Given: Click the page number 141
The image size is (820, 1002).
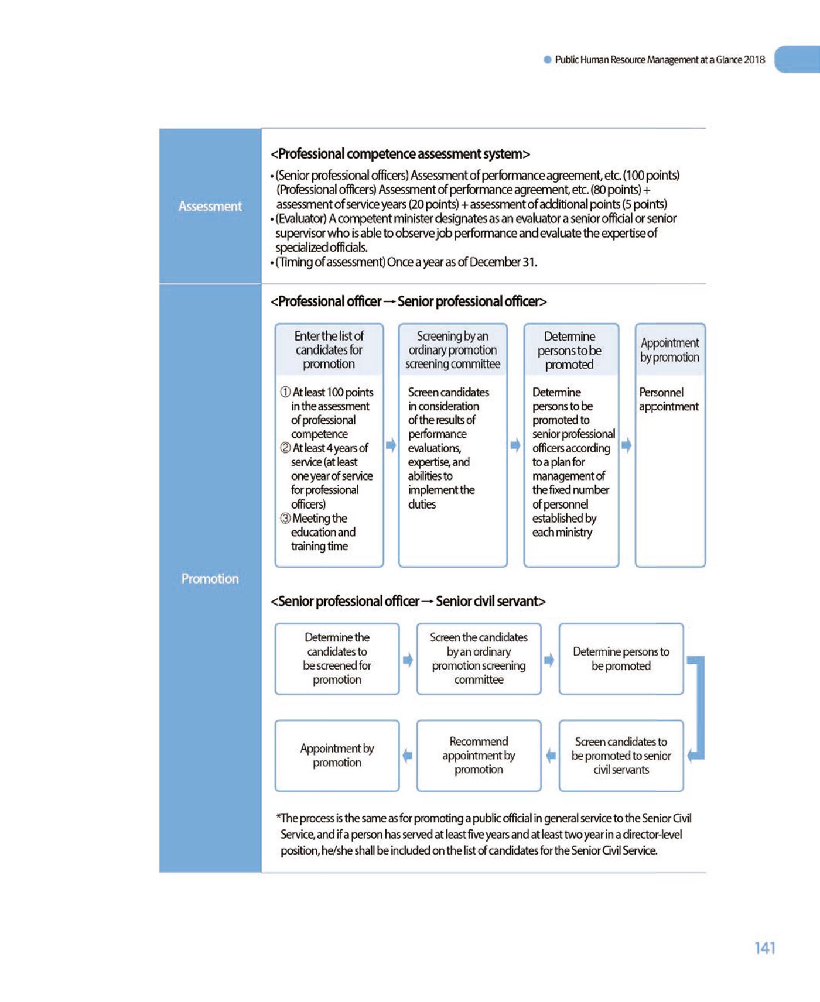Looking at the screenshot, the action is tap(764, 948).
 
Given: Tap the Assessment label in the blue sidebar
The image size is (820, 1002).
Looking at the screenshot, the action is tap(210, 206).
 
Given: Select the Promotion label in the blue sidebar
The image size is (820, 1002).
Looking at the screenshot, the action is tap(210, 578).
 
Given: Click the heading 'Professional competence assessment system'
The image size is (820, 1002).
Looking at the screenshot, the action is tap(400, 154).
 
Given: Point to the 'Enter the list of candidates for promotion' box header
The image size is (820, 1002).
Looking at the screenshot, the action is tap(329, 349).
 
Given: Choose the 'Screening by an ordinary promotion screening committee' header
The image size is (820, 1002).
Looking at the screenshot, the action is tap(453, 349).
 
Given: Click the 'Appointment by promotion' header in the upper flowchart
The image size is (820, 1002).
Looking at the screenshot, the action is tap(670, 349).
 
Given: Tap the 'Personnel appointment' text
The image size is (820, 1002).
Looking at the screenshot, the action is tap(668, 399).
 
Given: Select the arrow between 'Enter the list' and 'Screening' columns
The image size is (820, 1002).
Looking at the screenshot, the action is tap(391, 445).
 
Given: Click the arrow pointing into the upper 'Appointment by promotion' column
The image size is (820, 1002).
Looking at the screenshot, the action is tap(627, 445).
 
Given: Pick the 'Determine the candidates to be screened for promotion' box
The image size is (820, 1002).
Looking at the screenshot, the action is tap(337, 658).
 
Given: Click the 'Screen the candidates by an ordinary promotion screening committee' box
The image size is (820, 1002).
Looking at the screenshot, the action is tap(479, 658).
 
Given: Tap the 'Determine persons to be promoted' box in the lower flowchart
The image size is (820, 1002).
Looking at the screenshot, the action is tap(621, 658).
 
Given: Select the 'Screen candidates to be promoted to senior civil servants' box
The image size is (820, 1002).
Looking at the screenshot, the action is tap(621, 756).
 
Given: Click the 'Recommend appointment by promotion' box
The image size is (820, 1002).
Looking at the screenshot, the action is tap(479, 756).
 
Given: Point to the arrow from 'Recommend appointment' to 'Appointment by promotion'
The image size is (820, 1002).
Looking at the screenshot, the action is tap(408, 756).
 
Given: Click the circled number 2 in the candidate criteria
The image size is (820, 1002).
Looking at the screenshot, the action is tap(285, 448).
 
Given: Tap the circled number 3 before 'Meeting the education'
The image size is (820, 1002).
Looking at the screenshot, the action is tap(285, 518).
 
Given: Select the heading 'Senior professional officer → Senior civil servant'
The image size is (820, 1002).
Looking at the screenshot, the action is tap(408, 601).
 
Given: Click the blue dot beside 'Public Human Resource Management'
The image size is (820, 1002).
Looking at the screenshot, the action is tap(547, 59).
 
